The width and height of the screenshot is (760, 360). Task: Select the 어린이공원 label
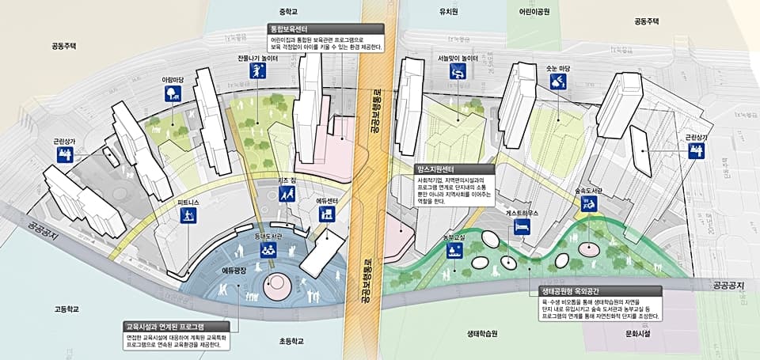(x=534, y=12)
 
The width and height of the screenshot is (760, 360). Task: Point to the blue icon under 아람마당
(x=171, y=94)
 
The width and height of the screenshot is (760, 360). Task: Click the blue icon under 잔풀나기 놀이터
(x=256, y=73)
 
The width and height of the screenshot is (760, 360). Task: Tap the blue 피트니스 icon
(x=188, y=214)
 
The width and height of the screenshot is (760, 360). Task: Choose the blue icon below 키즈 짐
(x=286, y=193)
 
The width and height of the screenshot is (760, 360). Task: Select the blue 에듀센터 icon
(x=328, y=214)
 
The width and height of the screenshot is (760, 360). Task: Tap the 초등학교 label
(x=291, y=342)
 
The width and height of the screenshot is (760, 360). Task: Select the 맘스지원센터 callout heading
(x=435, y=169)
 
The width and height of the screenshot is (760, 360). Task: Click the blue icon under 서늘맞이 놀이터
(x=457, y=73)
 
